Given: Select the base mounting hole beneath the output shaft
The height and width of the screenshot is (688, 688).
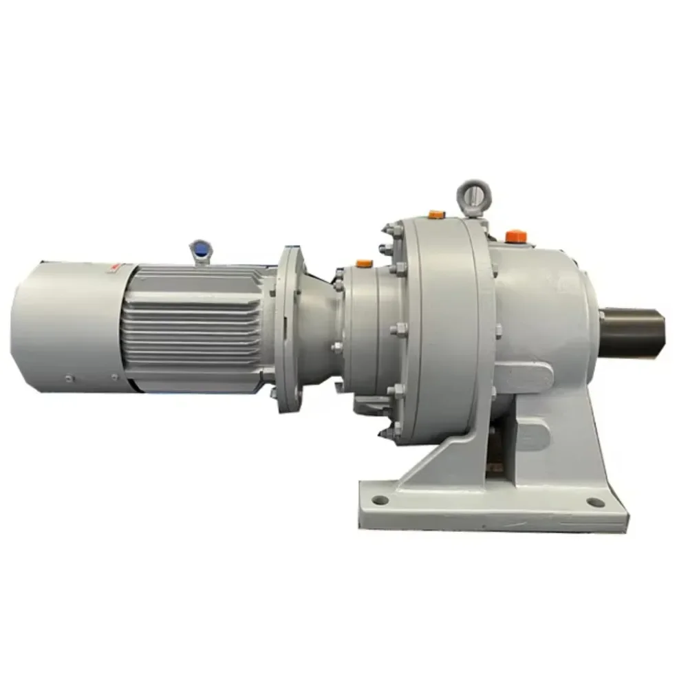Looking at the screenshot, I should point(596,502).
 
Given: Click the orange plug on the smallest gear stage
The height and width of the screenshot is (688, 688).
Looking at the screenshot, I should point(364,263).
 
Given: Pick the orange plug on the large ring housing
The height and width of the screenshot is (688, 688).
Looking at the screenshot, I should point(436,215).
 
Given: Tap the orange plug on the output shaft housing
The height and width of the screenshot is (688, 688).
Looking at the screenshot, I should point(516,236).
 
